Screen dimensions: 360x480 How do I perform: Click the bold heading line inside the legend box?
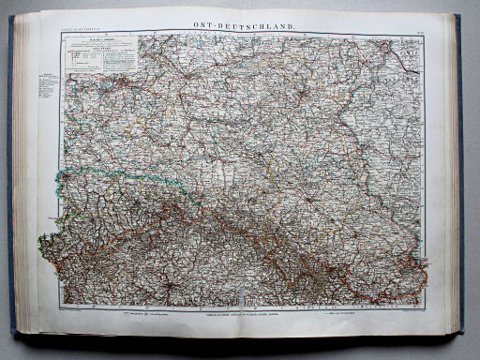coord(97,43)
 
